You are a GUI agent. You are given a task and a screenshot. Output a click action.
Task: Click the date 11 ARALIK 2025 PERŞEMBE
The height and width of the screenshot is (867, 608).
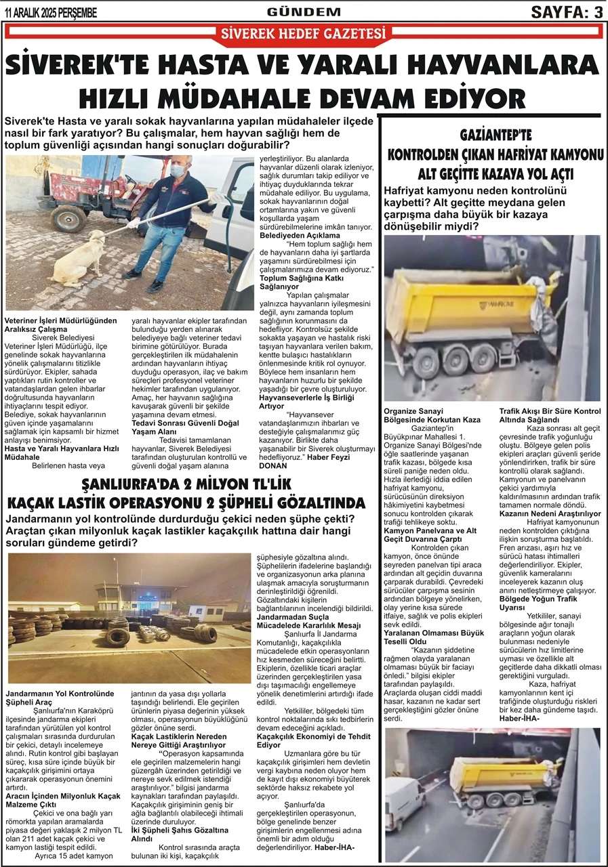click(51, 13)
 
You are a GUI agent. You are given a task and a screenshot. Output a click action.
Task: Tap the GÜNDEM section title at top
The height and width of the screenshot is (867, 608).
click(294, 12)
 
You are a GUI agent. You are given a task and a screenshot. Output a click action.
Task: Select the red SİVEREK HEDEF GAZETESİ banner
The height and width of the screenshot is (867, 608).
click(304, 33)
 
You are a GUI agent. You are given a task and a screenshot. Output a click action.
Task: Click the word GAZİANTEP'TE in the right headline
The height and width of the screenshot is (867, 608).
click(494, 134)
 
